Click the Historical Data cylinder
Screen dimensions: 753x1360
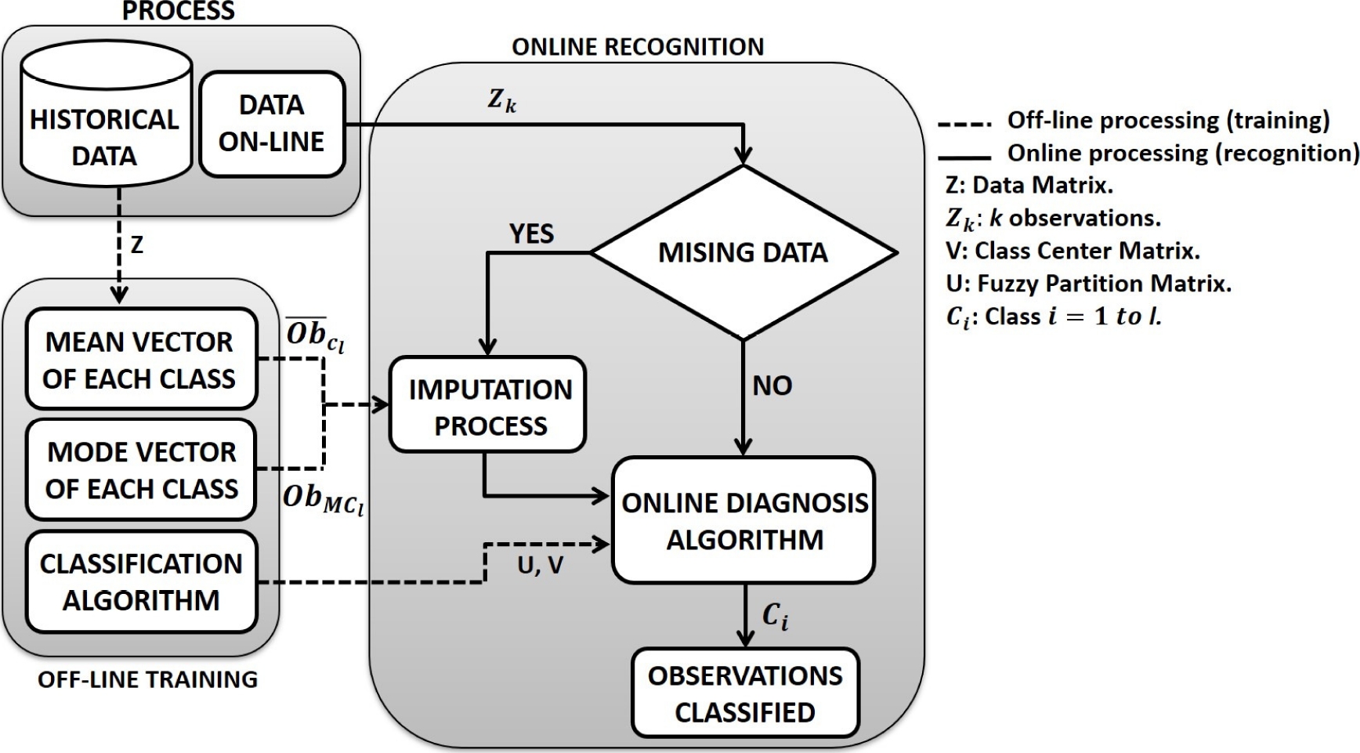point(106,118)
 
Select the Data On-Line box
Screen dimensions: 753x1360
point(272,124)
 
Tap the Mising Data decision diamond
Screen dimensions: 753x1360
point(743,253)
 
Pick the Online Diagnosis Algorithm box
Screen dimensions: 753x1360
point(743,520)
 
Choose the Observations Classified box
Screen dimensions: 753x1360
point(744,693)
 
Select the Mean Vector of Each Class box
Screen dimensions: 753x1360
point(141,359)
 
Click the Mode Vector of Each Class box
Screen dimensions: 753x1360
point(141,469)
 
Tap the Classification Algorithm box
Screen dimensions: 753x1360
point(141,581)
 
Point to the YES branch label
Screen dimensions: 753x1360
point(531,234)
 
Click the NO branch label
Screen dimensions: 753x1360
point(772,386)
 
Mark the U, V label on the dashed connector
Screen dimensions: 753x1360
point(540,566)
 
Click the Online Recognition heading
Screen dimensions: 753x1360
point(638,47)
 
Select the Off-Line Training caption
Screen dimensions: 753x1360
point(147,679)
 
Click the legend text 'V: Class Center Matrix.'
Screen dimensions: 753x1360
point(1072,251)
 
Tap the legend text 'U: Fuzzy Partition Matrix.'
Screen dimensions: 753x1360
point(1088,283)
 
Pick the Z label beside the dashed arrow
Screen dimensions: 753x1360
point(137,245)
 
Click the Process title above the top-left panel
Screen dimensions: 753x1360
point(179,11)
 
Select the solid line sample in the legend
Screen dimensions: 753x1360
point(964,157)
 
